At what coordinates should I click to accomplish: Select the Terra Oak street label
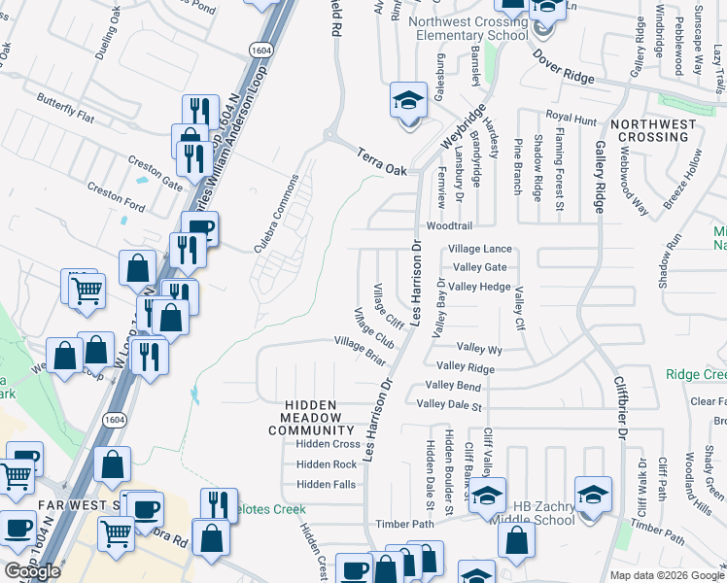[380, 155]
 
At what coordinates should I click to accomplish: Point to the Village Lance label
[479, 250]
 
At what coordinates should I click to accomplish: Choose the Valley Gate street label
[479, 267]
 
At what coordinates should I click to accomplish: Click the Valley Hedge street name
[481, 287]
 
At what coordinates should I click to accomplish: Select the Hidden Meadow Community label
[311, 418]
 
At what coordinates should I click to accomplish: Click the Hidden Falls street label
[326, 484]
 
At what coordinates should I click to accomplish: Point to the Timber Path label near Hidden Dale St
[404, 524]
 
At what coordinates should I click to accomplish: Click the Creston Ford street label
[116, 195]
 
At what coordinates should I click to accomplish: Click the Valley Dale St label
[448, 403]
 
